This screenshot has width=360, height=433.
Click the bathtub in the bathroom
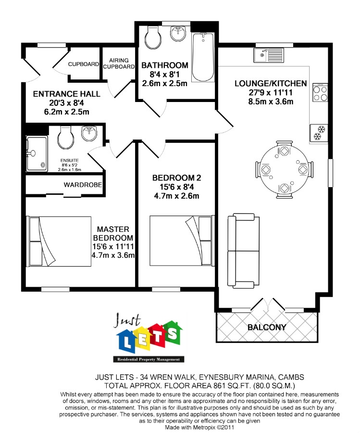click(x=203, y=57)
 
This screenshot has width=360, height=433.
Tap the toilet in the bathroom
click(x=152, y=38)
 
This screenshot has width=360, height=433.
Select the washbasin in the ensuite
click(x=89, y=133)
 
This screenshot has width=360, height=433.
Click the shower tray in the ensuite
click(x=37, y=153)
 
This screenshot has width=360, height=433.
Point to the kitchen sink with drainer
click(x=269, y=55)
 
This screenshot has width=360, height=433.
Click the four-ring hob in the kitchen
click(x=320, y=92)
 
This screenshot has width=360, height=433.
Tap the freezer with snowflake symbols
click(x=319, y=133)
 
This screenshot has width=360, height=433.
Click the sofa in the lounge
click(x=243, y=251)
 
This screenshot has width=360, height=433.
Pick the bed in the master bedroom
click(x=59, y=242)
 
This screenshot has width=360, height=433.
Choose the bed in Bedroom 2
click(x=182, y=241)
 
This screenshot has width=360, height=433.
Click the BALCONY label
click(x=267, y=327)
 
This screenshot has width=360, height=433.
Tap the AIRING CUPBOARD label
click(x=119, y=64)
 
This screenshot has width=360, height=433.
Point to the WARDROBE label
click(x=83, y=185)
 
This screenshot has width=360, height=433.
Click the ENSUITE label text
click(x=70, y=160)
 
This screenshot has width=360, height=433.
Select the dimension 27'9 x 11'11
click(x=271, y=92)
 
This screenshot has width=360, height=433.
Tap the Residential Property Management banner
click(x=149, y=359)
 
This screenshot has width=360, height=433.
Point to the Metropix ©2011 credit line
click(x=199, y=428)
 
